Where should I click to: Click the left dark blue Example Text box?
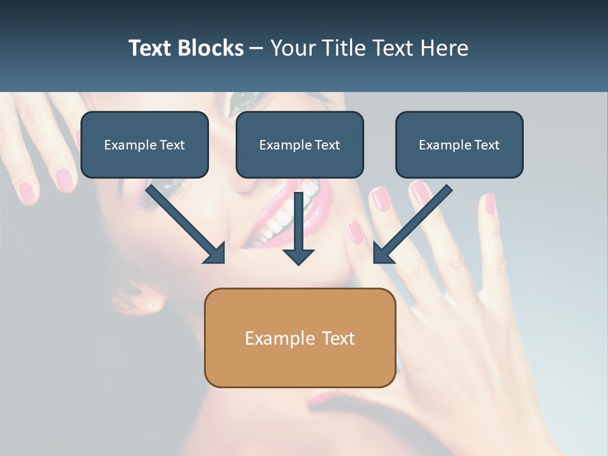click(x=144, y=144)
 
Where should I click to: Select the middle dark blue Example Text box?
click(x=300, y=144)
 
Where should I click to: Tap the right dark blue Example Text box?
click(x=459, y=144)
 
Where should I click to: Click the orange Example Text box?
click(x=300, y=338)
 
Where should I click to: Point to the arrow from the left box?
click(x=184, y=222)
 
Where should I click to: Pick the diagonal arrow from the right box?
click(x=415, y=222)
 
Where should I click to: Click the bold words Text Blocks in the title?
click(x=186, y=48)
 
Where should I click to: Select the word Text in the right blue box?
click(x=486, y=145)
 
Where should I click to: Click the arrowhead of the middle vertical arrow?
click(x=299, y=256)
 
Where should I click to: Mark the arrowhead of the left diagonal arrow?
click(x=215, y=253)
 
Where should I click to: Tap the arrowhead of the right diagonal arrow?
click(x=383, y=253)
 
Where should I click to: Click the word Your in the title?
click(x=291, y=48)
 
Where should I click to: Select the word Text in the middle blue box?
click(x=327, y=145)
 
